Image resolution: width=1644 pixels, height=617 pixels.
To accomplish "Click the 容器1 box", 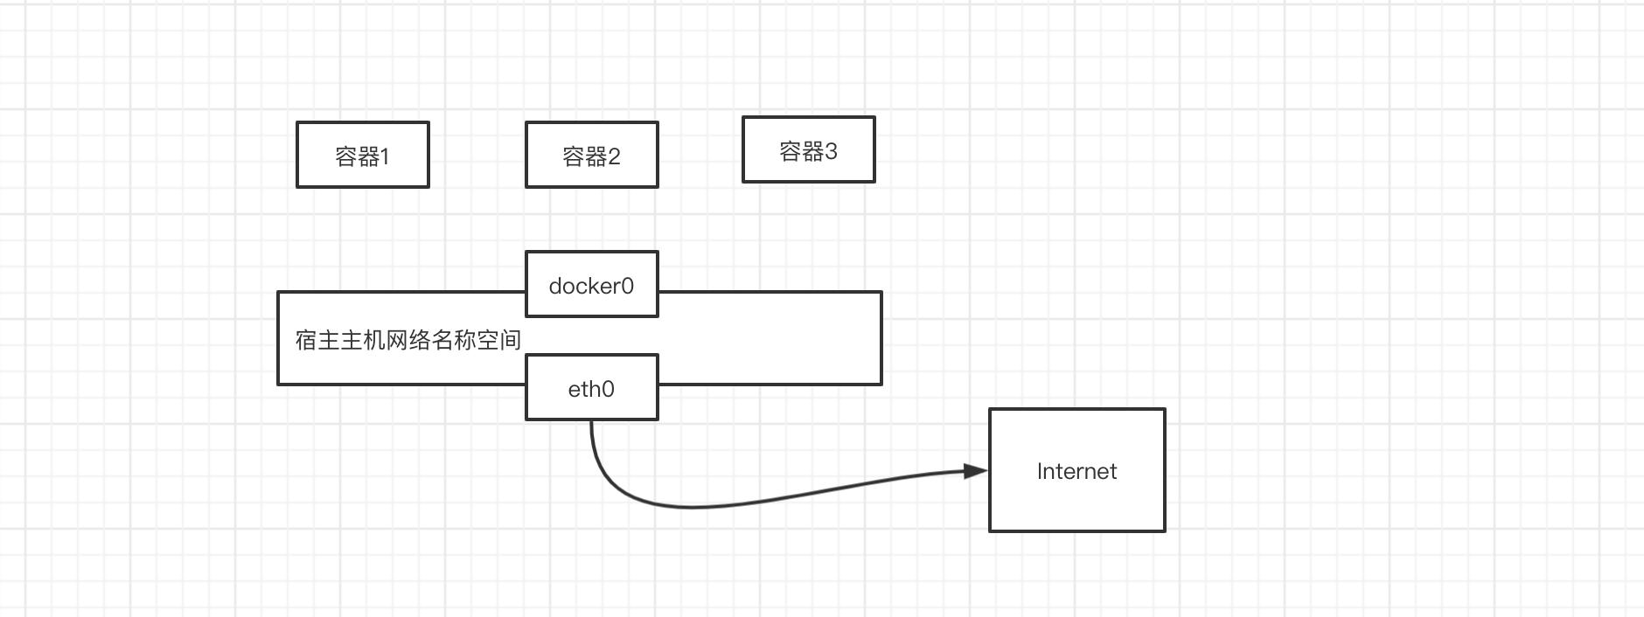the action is (363, 155).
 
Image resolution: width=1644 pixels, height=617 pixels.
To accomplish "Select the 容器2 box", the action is (592, 155).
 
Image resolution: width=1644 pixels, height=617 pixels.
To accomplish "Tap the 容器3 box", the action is (809, 149).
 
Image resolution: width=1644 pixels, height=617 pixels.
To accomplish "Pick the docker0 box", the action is (592, 284).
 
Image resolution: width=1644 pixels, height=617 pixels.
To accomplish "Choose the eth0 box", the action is (592, 387).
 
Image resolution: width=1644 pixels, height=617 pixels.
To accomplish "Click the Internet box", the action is (1077, 470).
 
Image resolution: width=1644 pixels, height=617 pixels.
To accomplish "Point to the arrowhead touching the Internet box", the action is (976, 471).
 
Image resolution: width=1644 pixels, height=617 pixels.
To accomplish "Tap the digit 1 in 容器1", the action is (385, 156).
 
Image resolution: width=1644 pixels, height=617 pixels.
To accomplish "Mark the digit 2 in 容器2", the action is (614, 156).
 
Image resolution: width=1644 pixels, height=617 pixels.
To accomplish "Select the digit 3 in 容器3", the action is (831, 151).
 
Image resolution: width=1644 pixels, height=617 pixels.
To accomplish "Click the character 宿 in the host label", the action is (306, 340).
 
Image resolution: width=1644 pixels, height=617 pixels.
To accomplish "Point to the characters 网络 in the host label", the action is (408, 340).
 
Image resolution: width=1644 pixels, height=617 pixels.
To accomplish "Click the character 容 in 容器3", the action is (791, 151).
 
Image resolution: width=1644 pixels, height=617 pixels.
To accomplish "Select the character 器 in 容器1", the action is (369, 156).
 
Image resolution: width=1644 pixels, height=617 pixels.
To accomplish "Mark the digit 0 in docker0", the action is (627, 286).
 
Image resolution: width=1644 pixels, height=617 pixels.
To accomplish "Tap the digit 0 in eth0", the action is (608, 389).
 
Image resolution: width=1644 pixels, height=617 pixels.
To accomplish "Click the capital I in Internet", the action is (1040, 471).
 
